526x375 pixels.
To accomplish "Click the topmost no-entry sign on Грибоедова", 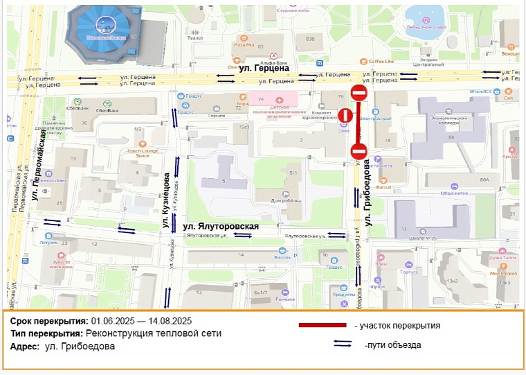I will (359, 93).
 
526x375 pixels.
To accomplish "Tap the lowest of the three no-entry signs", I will (359, 151).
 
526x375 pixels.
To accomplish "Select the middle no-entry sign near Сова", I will (345, 115).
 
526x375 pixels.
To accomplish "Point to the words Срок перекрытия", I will (48, 321).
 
